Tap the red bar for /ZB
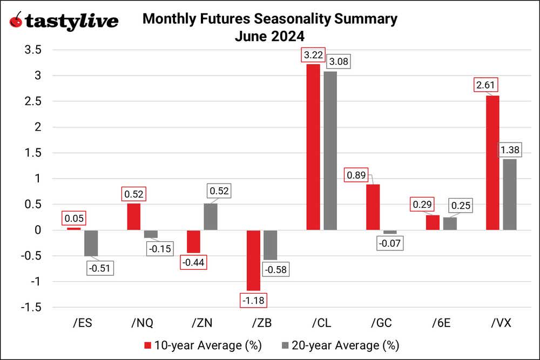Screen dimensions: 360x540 [x=253, y=260]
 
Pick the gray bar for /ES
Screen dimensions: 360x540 [x=91, y=243]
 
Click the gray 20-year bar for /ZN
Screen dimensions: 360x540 [x=211, y=217]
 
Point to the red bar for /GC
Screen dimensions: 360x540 [x=373, y=207]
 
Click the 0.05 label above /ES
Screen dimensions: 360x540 [x=74, y=218]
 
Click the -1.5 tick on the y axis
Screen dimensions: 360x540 [x=31, y=308]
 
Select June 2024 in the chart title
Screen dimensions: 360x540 [x=270, y=37]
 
